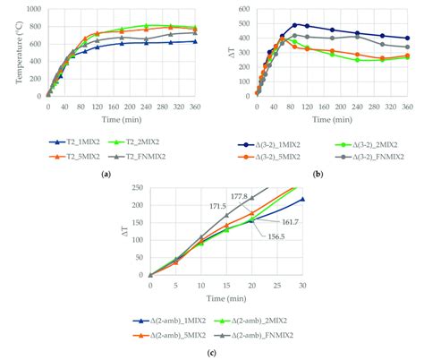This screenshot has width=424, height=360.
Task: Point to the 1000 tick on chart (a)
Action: (33, 10)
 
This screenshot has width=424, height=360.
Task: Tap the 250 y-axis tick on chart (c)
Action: (139, 187)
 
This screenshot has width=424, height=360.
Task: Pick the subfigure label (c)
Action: (211, 351)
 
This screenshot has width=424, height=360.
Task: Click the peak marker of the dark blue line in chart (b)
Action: (294, 25)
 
